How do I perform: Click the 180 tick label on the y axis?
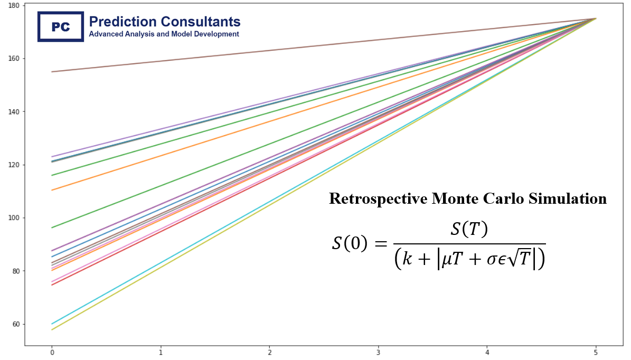pyautogui.click(x=14, y=5)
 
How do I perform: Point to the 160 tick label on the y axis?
pyautogui.click(x=14, y=59)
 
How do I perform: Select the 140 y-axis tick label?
pyautogui.click(x=14, y=112)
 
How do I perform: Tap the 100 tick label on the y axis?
pyautogui.click(x=14, y=218)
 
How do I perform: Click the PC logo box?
pyautogui.click(x=61, y=26)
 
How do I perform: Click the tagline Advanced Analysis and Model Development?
pyautogui.click(x=164, y=34)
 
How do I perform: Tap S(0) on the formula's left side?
pyautogui.click(x=350, y=243)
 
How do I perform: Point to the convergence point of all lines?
pyautogui.click(x=596, y=18)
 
